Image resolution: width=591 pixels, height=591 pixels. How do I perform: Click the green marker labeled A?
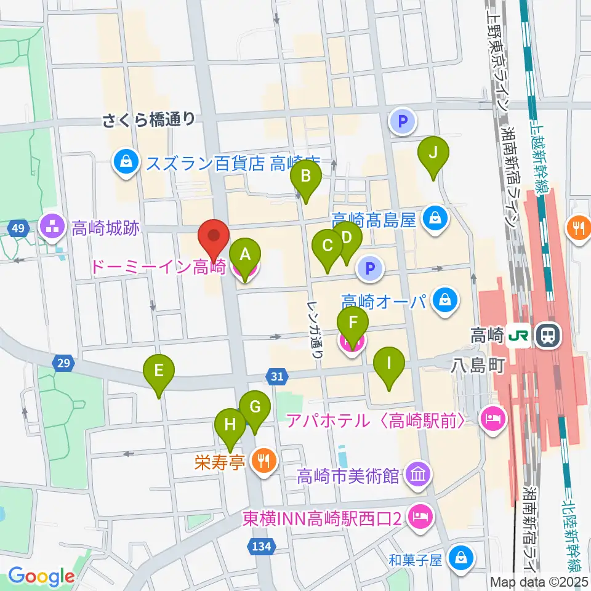(245, 254)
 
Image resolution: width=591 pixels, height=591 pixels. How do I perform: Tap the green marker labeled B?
(307, 177)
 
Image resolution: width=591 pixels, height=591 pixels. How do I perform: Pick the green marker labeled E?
(159, 371)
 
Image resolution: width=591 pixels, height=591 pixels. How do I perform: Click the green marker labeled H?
(230, 425)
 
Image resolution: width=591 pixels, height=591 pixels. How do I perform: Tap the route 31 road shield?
(277, 375)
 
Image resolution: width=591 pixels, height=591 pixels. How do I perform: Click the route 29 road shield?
(62, 364)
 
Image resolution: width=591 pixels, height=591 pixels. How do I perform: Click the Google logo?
(41, 576)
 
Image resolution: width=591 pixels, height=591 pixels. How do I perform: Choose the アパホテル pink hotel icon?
(494, 421)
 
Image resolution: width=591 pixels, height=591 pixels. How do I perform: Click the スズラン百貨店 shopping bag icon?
(126, 163)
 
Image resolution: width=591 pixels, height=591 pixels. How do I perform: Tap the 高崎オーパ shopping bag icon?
(443, 301)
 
